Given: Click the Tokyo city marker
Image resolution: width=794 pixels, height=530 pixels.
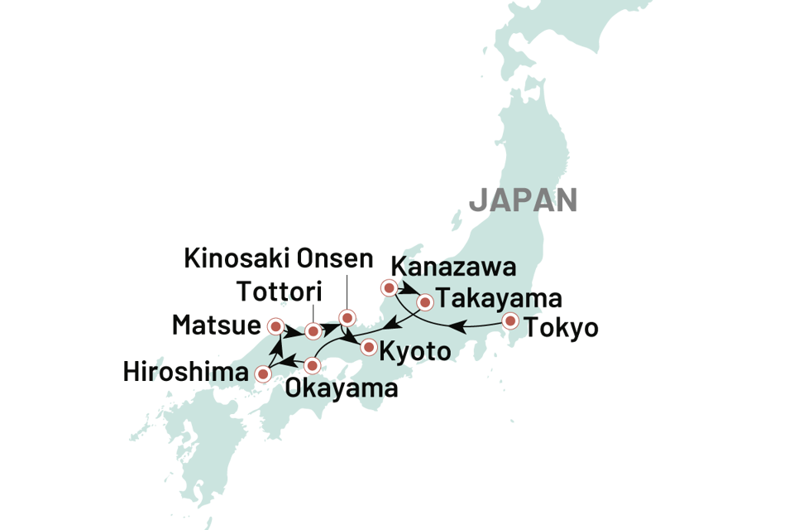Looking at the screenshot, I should (x=510, y=321).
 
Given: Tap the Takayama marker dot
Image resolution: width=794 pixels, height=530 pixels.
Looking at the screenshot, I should (x=425, y=302).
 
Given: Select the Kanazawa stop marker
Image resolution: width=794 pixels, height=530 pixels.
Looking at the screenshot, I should (x=389, y=287).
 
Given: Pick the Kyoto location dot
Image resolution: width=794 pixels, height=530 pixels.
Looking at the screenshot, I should (x=369, y=347).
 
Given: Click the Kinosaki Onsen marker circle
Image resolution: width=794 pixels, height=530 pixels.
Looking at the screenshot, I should (x=347, y=317).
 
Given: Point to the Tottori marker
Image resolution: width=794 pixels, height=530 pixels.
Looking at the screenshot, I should (x=313, y=331).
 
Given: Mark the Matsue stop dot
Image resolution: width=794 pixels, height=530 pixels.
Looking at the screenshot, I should (x=275, y=326).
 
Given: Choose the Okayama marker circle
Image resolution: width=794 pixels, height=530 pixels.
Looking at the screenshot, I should (x=312, y=365).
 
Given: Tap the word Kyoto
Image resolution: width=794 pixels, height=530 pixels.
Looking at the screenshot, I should (x=415, y=351).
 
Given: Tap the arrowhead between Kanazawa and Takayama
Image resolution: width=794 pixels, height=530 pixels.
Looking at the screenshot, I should (x=411, y=290).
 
